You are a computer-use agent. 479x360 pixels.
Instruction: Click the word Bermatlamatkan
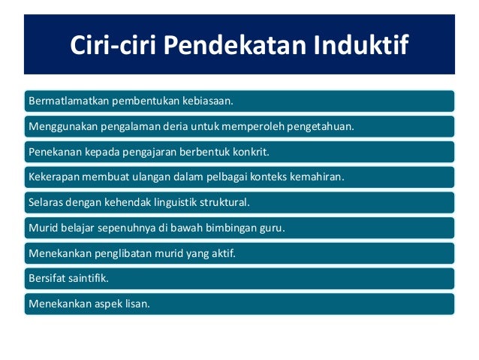pos(64,100)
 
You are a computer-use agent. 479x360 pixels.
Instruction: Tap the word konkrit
pos(249,151)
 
